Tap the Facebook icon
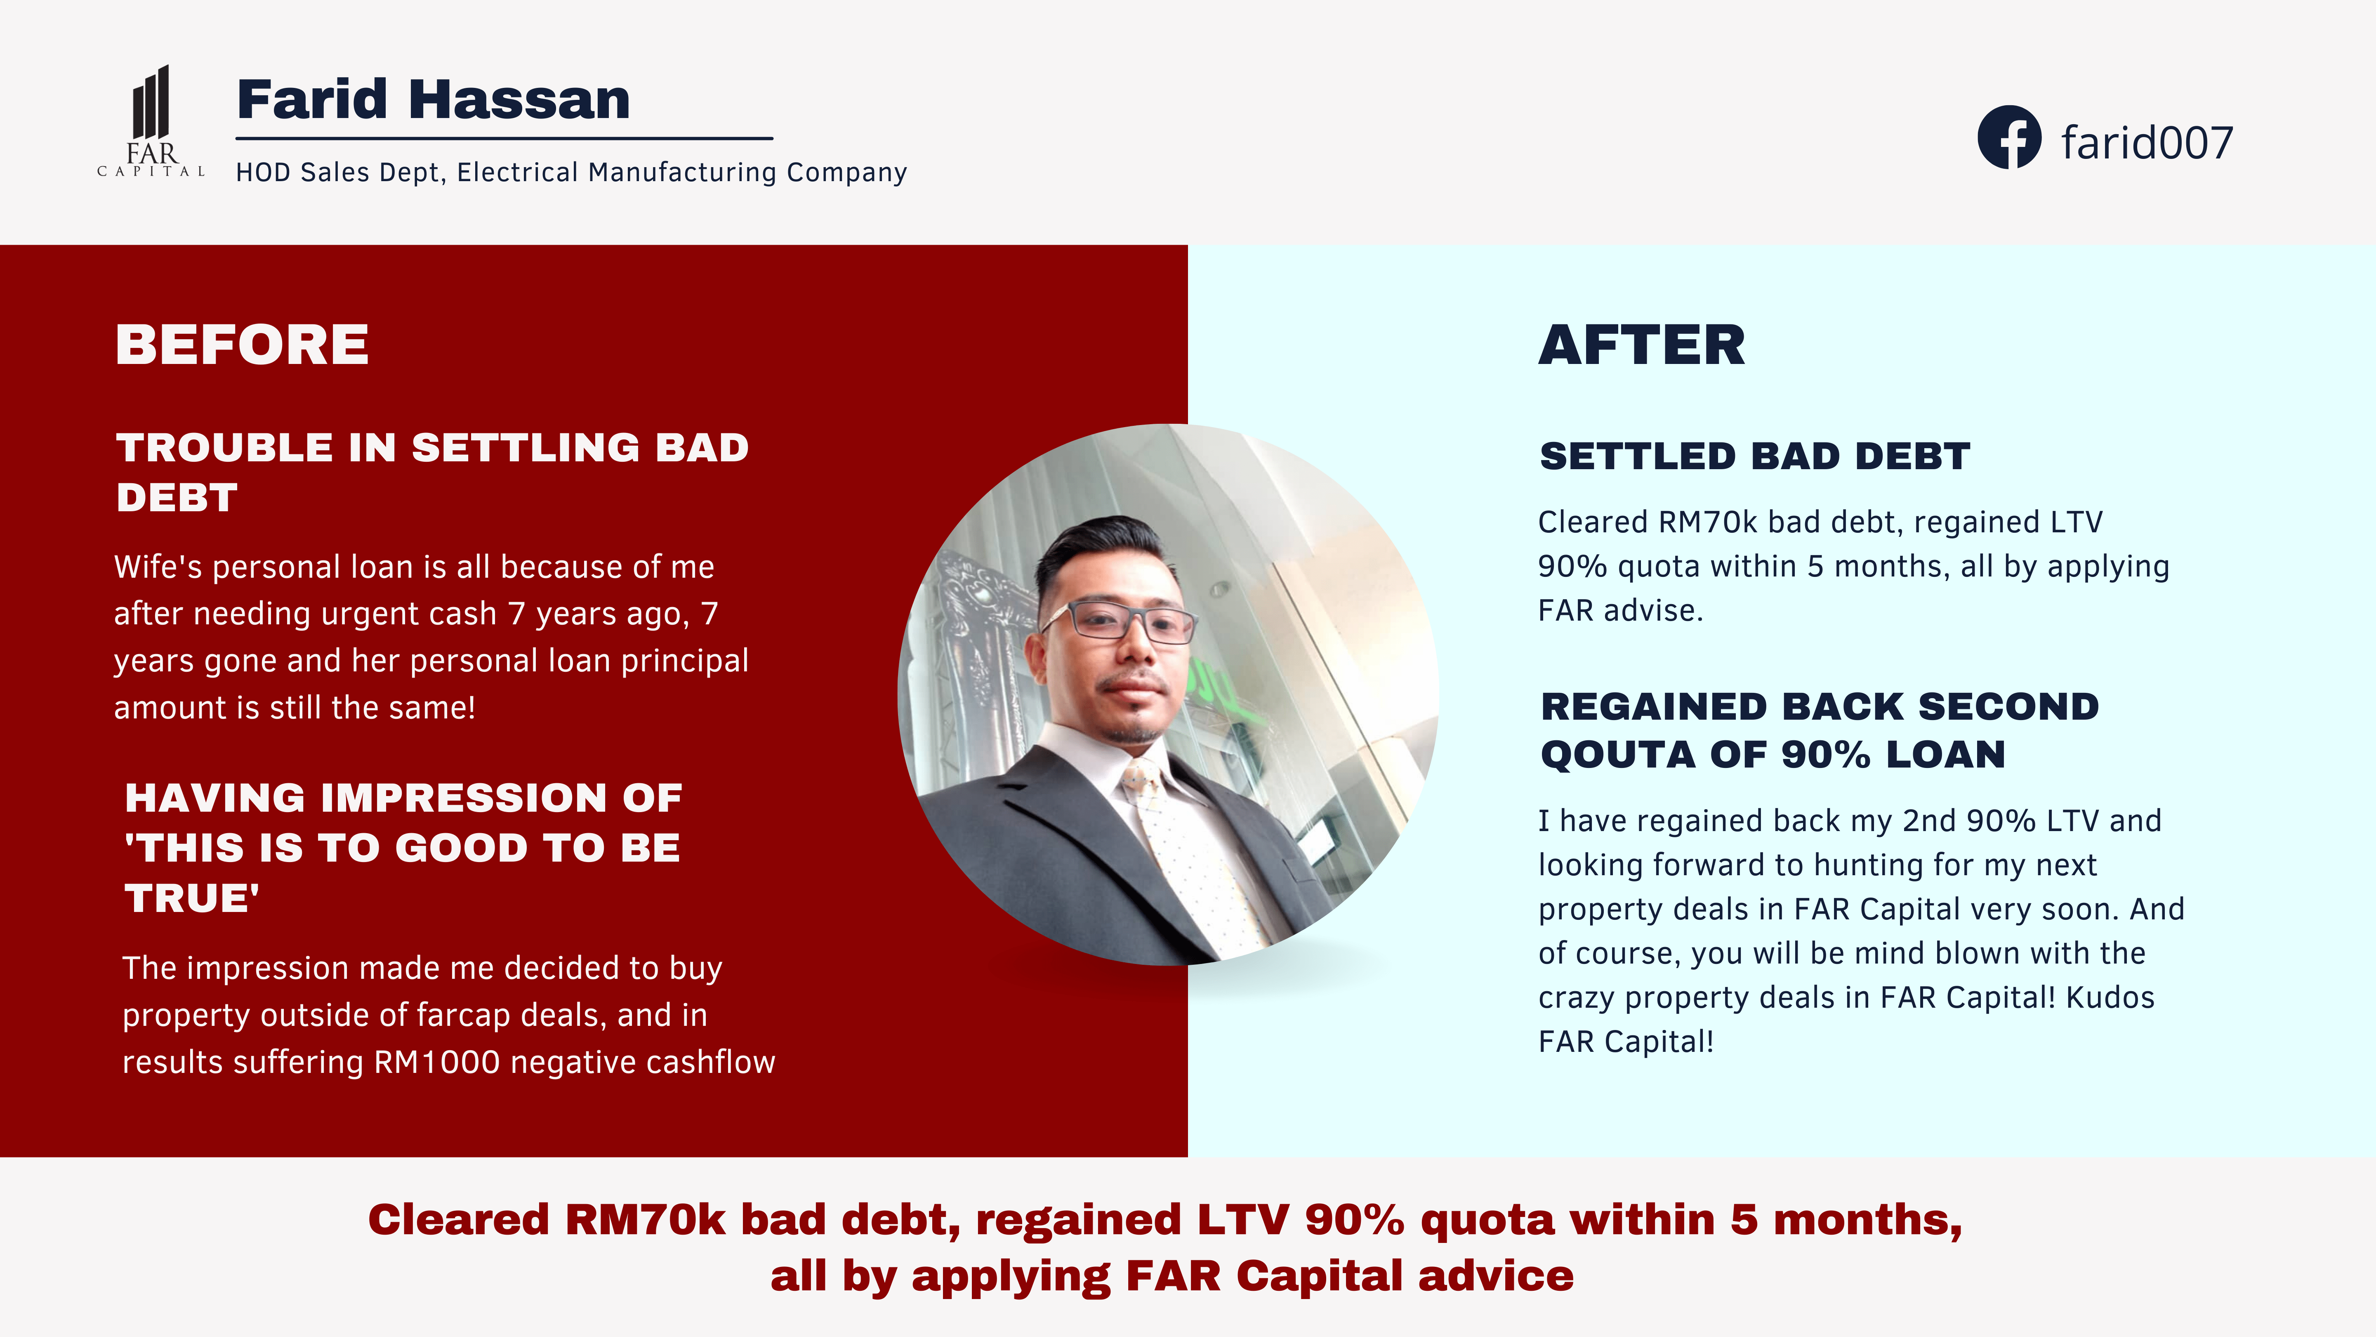pos(2009,137)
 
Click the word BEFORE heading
pos(242,345)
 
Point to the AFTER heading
pos(1642,345)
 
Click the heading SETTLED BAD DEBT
pos(1754,456)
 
